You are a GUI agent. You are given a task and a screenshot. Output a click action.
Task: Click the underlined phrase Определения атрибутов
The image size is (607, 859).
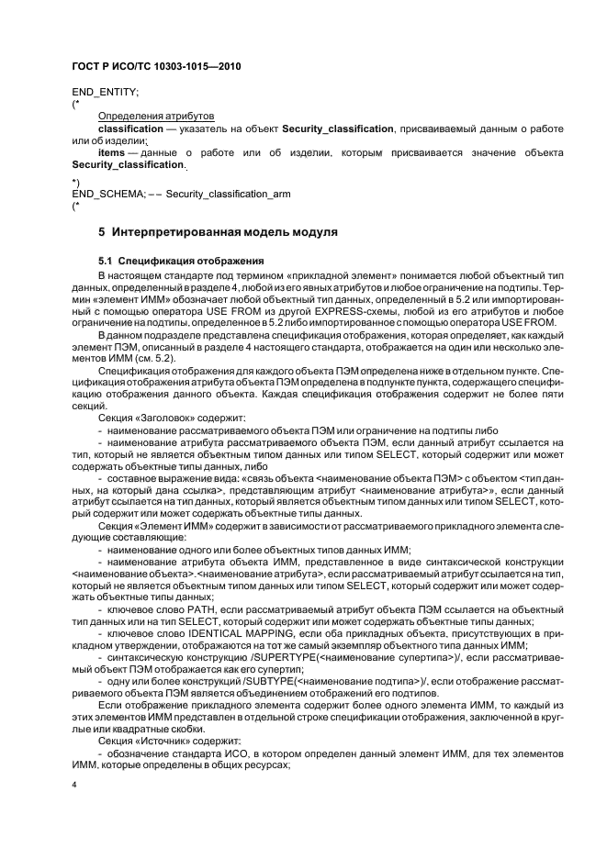point(155,117)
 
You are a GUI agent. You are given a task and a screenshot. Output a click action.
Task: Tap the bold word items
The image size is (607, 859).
point(110,152)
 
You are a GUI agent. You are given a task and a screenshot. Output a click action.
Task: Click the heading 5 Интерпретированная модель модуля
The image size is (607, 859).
point(218,233)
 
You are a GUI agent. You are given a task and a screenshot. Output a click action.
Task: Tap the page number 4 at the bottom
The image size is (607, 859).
point(73,786)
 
